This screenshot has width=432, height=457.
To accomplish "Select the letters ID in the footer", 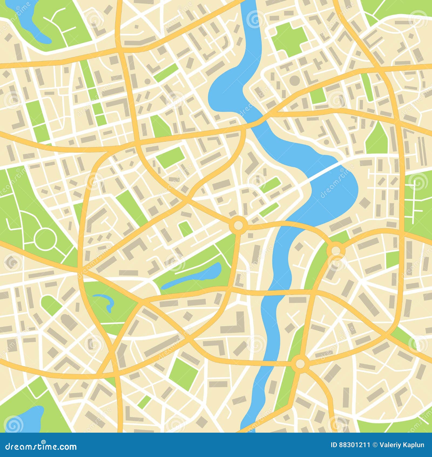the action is tap(334, 445).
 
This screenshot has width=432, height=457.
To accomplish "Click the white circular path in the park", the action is tap(45, 239).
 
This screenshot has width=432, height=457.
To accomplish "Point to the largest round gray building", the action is tap(295, 80).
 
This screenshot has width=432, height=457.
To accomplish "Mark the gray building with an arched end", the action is tap(69, 322).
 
